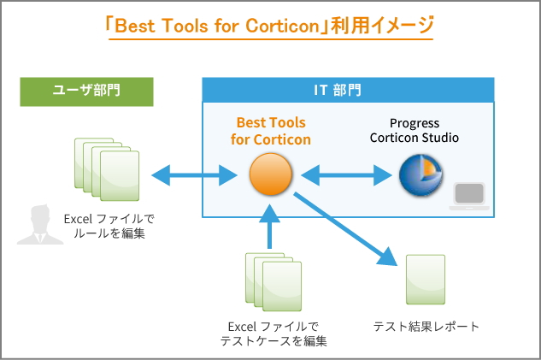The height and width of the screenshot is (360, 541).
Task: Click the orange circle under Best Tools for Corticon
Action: (x=270, y=174)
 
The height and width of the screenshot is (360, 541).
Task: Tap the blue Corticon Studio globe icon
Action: (x=420, y=175)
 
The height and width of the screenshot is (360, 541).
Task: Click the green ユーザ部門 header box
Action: (x=86, y=91)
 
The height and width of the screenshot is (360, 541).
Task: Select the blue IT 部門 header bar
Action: (x=348, y=90)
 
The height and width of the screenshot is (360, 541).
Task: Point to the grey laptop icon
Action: (x=469, y=196)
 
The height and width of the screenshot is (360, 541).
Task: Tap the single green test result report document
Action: (x=426, y=280)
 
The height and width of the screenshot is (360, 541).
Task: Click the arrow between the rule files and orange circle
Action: (x=194, y=175)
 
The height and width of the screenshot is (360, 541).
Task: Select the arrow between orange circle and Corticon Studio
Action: (x=346, y=175)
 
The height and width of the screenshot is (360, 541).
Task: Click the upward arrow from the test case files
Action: (x=269, y=226)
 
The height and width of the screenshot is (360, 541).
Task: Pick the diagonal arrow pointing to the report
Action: (x=345, y=228)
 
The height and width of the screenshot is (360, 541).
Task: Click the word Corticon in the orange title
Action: (x=283, y=26)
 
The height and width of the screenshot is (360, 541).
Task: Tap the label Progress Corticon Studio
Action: (x=414, y=131)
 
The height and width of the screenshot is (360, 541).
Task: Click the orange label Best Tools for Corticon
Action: (x=271, y=131)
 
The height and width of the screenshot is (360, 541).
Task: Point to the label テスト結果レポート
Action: (x=426, y=326)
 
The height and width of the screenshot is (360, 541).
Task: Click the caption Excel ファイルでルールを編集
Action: (x=109, y=226)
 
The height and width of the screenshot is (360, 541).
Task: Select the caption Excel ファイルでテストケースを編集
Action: (x=273, y=333)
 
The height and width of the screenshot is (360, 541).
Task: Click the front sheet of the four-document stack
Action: (x=120, y=175)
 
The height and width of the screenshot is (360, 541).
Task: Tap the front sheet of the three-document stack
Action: (x=282, y=286)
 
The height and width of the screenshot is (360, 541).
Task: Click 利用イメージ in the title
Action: (x=382, y=26)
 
